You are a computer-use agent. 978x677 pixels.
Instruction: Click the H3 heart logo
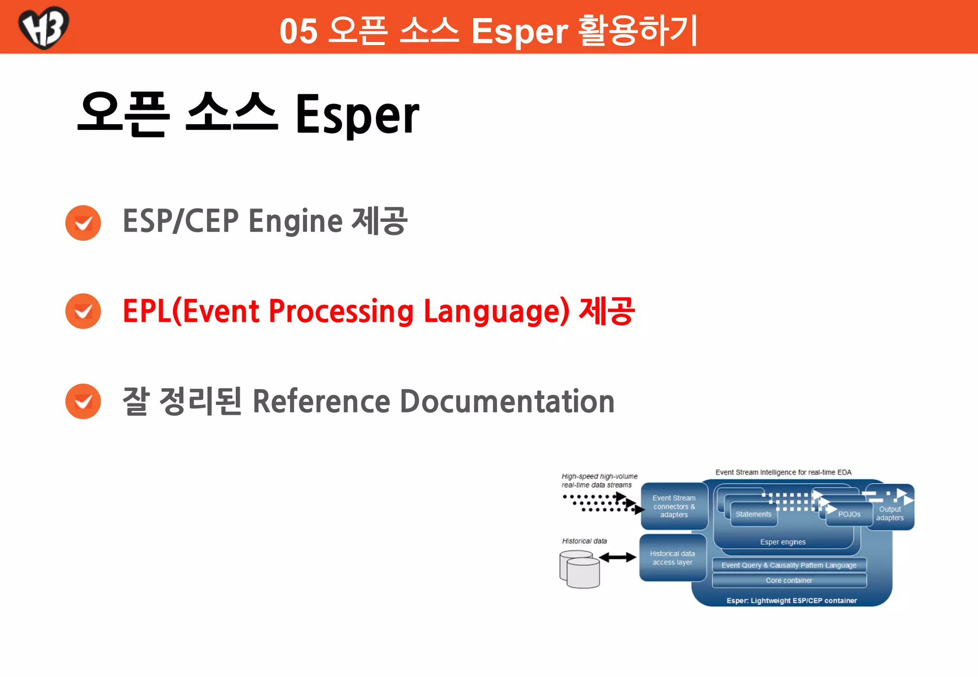click(43, 27)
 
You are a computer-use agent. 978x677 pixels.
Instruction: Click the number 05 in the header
click(298, 32)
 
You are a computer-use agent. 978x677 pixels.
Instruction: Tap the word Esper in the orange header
click(519, 32)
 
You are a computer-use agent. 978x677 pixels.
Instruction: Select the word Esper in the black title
click(357, 115)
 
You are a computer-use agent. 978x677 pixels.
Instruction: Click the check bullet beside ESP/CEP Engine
click(83, 223)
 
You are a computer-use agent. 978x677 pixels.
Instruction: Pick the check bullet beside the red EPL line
click(83, 311)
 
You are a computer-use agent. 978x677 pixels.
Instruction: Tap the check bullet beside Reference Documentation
click(83, 402)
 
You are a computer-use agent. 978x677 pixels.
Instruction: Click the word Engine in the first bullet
click(295, 222)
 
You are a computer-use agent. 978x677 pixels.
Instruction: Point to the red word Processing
click(341, 311)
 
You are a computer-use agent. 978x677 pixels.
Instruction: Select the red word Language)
click(497, 311)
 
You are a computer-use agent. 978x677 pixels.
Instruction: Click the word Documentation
click(507, 401)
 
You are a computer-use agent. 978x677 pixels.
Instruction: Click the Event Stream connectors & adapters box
click(673, 506)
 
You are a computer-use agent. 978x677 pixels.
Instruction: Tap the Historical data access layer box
click(672, 558)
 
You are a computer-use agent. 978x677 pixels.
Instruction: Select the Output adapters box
click(891, 513)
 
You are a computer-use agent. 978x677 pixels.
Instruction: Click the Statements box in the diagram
click(753, 514)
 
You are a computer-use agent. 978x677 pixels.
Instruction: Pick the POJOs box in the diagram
click(849, 515)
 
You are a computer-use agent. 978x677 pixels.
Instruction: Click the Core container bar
click(789, 581)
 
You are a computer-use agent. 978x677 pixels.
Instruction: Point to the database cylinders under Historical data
click(580, 569)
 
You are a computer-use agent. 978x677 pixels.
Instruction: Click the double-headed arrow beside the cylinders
click(617, 557)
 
